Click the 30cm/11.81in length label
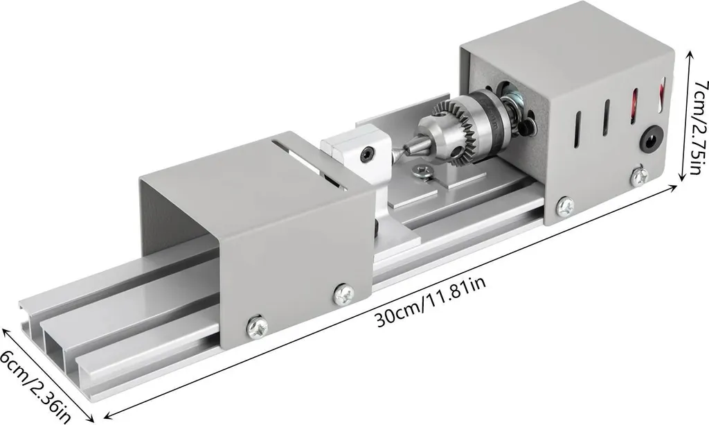point(431,302)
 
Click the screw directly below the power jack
point(640,177)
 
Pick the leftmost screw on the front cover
point(256,327)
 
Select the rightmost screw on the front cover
point(343,293)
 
